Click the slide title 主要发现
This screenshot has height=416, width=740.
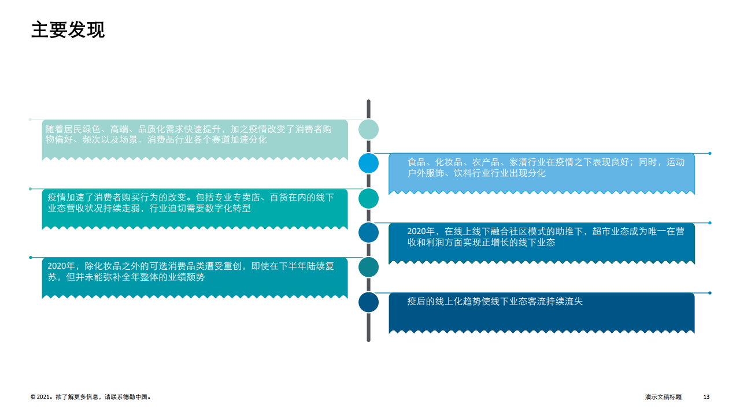pos(68,29)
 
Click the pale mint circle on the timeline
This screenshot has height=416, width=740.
pos(368,129)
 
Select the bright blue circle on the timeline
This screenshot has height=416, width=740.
pos(368,163)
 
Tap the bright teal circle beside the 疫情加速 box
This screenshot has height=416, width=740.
pos(368,198)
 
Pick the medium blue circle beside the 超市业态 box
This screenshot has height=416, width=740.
pos(368,232)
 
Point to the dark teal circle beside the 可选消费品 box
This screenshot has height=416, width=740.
pos(368,267)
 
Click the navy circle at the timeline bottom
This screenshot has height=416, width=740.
pos(368,302)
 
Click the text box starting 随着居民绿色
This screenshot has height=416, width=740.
pos(195,140)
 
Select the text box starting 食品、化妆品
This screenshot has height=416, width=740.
pos(542,174)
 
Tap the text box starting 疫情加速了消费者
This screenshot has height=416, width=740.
pos(195,209)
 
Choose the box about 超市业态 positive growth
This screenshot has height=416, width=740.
pos(542,243)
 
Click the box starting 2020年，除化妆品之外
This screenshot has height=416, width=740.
pos(195,278)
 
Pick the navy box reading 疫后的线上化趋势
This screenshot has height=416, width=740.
pos(542,313)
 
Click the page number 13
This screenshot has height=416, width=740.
pos(706,397)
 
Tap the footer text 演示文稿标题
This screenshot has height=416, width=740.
pos(663,397)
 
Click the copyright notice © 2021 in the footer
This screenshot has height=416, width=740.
pos(91,397)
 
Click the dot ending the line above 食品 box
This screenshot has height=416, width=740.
pos(710,153)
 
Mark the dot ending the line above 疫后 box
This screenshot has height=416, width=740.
pos(710,293)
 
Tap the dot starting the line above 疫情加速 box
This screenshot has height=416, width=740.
pos(31,189)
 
